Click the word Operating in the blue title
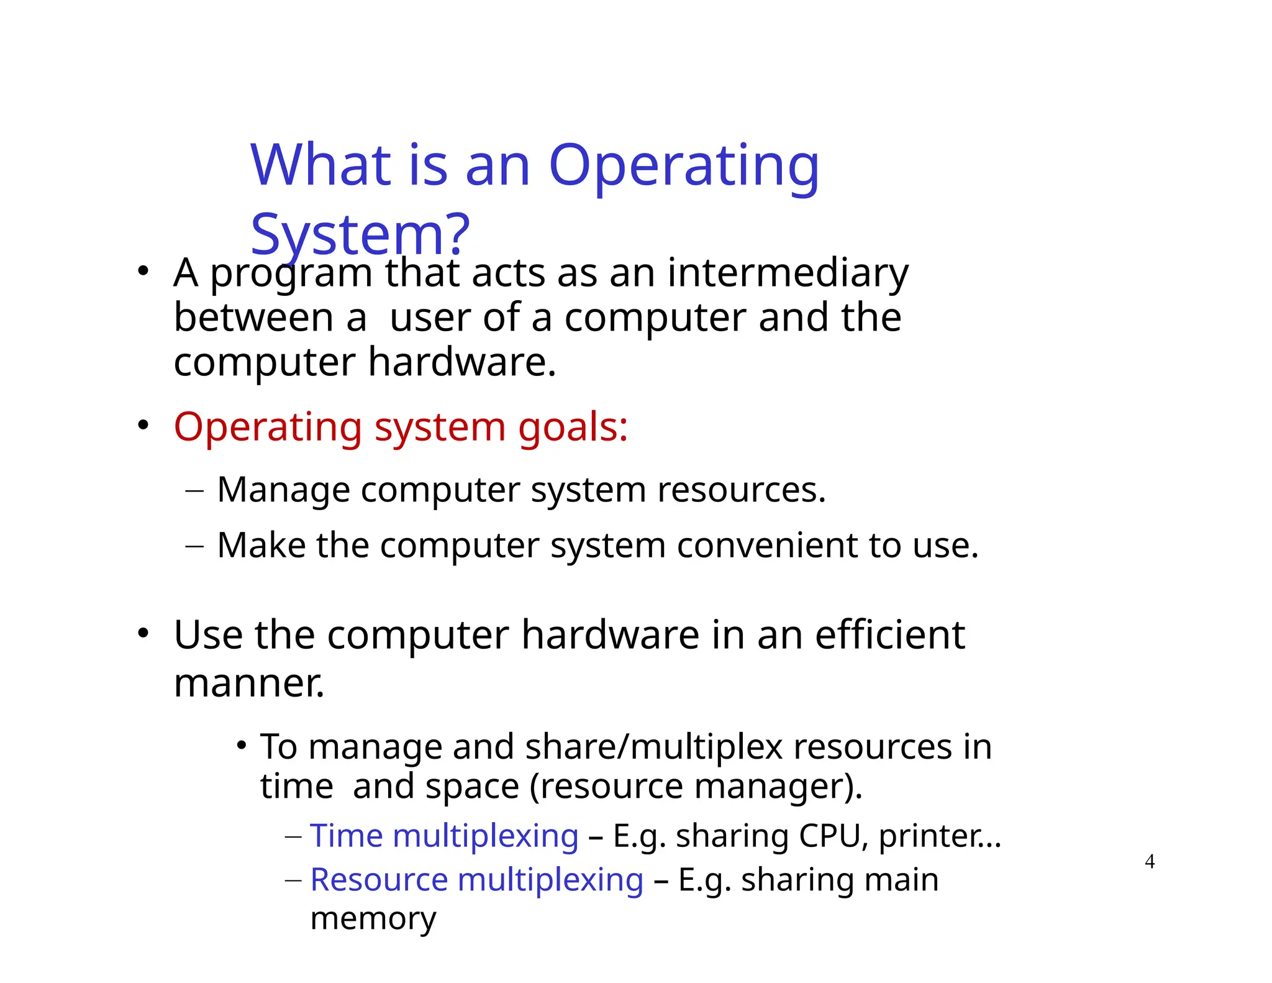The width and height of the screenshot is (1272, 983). click(684, 167)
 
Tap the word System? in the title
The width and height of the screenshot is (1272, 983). click(360, 235)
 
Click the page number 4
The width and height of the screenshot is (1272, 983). click(1150, 862)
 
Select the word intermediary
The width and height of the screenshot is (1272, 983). click(788, 273)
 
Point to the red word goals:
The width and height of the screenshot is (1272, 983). click(573, 428)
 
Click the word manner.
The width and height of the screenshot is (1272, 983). click(249, 684)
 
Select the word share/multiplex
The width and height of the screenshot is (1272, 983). click(653, 747)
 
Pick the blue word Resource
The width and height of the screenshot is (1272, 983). click(379, 880)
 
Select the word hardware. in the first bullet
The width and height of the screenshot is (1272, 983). click(461, 362)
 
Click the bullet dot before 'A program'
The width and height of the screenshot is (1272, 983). click(143, 272)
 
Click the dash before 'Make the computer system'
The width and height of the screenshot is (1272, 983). click(194, 546)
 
